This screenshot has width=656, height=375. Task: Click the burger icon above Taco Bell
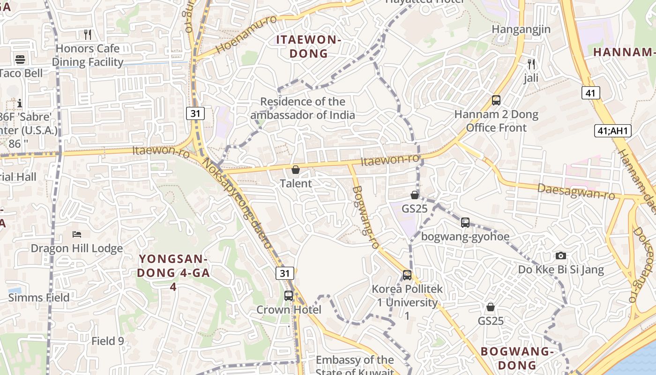(x=20, y=60)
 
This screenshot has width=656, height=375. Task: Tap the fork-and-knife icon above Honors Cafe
(x=87, y=34)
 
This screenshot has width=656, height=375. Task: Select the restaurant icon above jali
(x=531, y=64)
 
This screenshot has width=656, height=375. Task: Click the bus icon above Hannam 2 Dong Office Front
(x=496, y=100)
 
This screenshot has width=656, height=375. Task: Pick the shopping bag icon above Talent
(x=296, y=170)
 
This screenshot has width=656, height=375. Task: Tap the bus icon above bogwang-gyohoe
(x=465, y=223)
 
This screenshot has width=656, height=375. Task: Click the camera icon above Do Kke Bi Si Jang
(x=560, y=256)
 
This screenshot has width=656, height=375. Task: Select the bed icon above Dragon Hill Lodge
(x=77, y=234)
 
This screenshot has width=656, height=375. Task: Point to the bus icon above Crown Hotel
(x=289, y=296)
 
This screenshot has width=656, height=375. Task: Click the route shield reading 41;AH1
(x=613, y=131)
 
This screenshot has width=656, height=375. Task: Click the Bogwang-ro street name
(x=365, y=217)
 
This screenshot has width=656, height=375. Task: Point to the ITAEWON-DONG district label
(x=308, y=46)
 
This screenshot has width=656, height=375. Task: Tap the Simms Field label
(x=39, y=298)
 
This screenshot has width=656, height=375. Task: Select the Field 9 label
(x=107, y=341)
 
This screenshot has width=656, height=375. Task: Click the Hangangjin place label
(x=521, y=30)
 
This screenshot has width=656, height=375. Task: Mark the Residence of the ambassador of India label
(x=302, y=108)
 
